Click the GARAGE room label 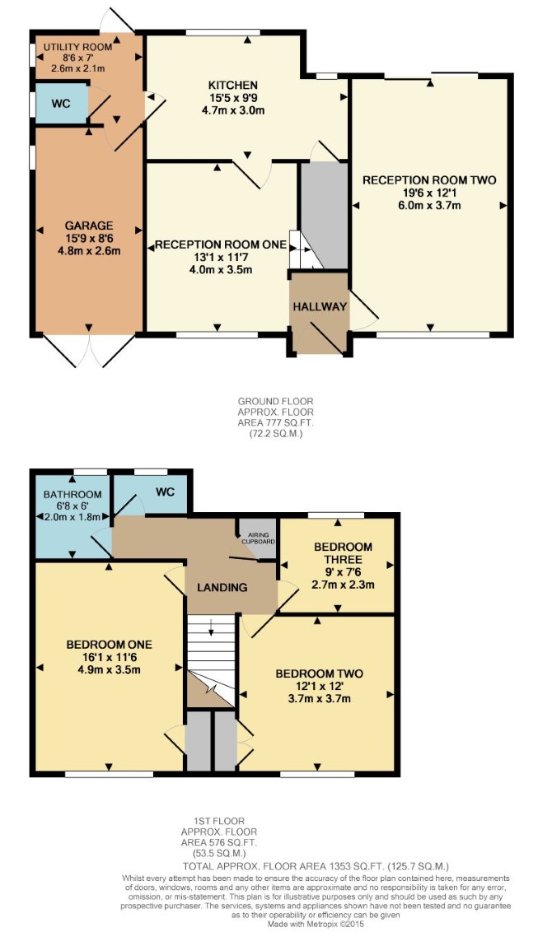tap(89, 226)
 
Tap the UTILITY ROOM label tap(77, 47)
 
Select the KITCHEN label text tap(232, 86)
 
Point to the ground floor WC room tap(62, 104)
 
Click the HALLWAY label tap(320, 307)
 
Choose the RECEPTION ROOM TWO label tap(429, 180)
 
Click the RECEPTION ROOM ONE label tap(221, 245)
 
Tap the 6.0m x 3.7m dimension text tap(429, 206)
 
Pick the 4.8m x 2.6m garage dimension tap(89, 250)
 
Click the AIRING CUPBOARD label tap(258, 538)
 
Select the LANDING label tap(222, 587)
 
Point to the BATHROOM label tap(73, 495)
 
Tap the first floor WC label tap(165, 492)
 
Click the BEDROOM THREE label tap(344, 552)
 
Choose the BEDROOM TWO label tap(319, 673)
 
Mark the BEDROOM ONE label tap(109, 645)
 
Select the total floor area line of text tap(316, 866)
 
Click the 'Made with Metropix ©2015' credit tap(316, 925)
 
